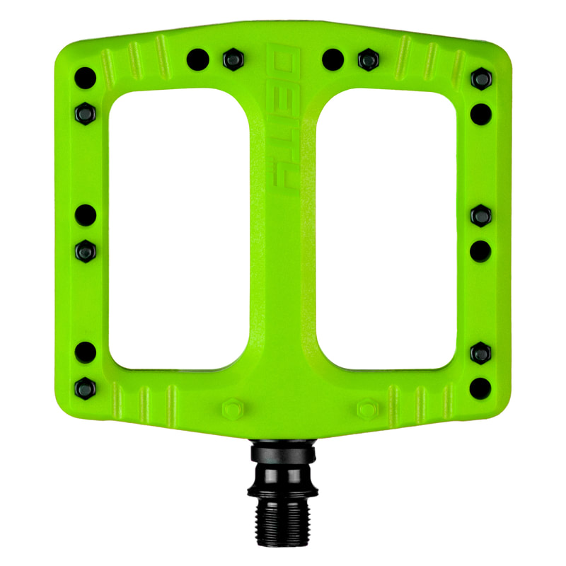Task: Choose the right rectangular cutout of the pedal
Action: point(386,230)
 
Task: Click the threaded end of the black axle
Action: point(282,520)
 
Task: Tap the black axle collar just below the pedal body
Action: point(282,453)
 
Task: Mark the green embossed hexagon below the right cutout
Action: point(366,410)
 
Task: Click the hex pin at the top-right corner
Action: point(481,79)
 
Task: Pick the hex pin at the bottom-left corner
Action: point(85,386)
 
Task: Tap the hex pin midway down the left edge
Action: point(85,248)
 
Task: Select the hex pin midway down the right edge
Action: point(481,215)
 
